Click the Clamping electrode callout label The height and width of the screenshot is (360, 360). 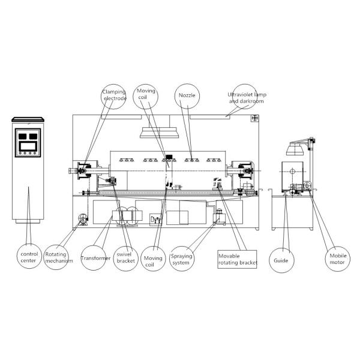click(114, 95)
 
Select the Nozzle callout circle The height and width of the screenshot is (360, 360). click(187, 95)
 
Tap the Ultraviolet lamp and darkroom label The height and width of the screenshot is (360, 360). click(247, 98)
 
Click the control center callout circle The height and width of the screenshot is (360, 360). click(29, 256)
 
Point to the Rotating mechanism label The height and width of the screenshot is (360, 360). click(59, 257)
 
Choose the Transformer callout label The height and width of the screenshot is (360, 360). click(96, 258)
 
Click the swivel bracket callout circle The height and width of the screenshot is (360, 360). click(126, 258)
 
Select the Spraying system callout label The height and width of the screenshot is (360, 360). click(181, 259)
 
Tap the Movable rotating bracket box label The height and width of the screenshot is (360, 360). click(238, 259)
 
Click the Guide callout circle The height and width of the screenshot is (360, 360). click(281, 260)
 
